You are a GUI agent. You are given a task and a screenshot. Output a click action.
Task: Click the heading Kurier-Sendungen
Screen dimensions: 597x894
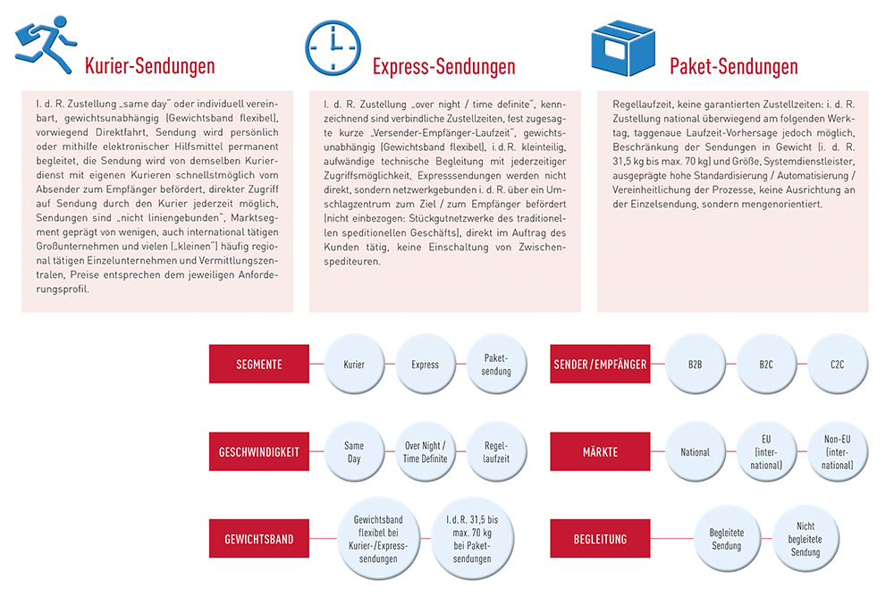149,66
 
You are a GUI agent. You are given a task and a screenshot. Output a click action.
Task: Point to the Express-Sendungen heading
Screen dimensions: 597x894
443,66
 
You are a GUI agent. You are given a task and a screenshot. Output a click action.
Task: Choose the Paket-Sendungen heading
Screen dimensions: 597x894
733,66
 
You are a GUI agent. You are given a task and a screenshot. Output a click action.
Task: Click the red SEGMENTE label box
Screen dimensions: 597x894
259,365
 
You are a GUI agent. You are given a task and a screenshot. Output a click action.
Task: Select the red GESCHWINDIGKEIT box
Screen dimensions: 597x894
259,452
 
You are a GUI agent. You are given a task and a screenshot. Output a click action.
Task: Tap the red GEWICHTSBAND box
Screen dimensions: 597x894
259,540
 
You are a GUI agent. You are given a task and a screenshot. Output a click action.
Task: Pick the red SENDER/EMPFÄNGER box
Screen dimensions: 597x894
600,365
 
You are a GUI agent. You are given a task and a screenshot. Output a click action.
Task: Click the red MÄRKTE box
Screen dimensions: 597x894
600,452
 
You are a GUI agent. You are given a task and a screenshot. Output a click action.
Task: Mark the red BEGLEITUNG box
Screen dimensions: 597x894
600,540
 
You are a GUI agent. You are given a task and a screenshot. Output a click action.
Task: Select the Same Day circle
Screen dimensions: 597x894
354,452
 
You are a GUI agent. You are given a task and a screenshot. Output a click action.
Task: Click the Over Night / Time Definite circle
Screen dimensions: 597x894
425,452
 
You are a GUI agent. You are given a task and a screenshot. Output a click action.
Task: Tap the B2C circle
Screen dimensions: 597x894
766,365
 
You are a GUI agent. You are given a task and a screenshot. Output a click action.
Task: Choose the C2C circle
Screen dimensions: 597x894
837,365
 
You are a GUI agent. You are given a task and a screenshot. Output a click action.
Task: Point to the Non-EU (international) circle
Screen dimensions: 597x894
837,452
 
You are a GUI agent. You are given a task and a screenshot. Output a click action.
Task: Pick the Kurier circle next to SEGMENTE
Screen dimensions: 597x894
354,365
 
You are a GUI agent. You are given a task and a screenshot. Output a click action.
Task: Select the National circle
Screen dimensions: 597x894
695,452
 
